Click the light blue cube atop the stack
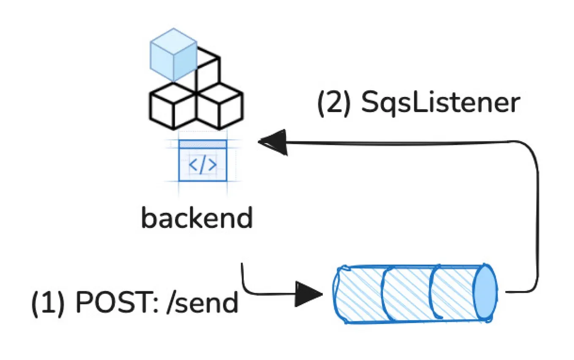173,55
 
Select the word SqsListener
440,103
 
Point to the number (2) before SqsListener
333,103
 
